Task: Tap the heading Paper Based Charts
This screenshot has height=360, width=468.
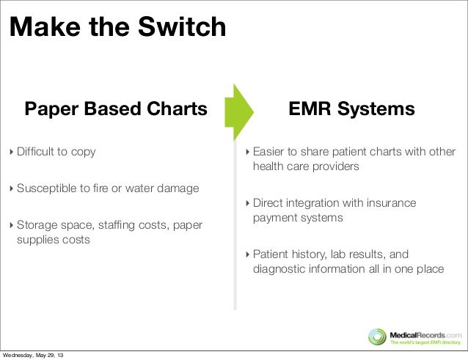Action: coord(117,109)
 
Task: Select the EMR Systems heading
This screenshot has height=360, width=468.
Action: coord(351,109)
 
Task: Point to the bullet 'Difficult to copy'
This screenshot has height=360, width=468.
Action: coord(56,152)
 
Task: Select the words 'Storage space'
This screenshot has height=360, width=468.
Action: coord(50,224)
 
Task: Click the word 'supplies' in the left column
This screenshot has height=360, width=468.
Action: coord(42,240)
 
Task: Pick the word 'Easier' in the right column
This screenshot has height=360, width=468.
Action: coord(269,152)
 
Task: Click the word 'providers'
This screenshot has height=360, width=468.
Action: coord(334,166)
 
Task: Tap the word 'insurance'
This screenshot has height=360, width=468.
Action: coord(390,202)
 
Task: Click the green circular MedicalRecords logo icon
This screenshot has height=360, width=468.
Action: coord(377,336)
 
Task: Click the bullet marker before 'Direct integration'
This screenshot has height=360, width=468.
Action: coord(247,203)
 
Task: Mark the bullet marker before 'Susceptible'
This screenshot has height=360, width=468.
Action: coord(11,189)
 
